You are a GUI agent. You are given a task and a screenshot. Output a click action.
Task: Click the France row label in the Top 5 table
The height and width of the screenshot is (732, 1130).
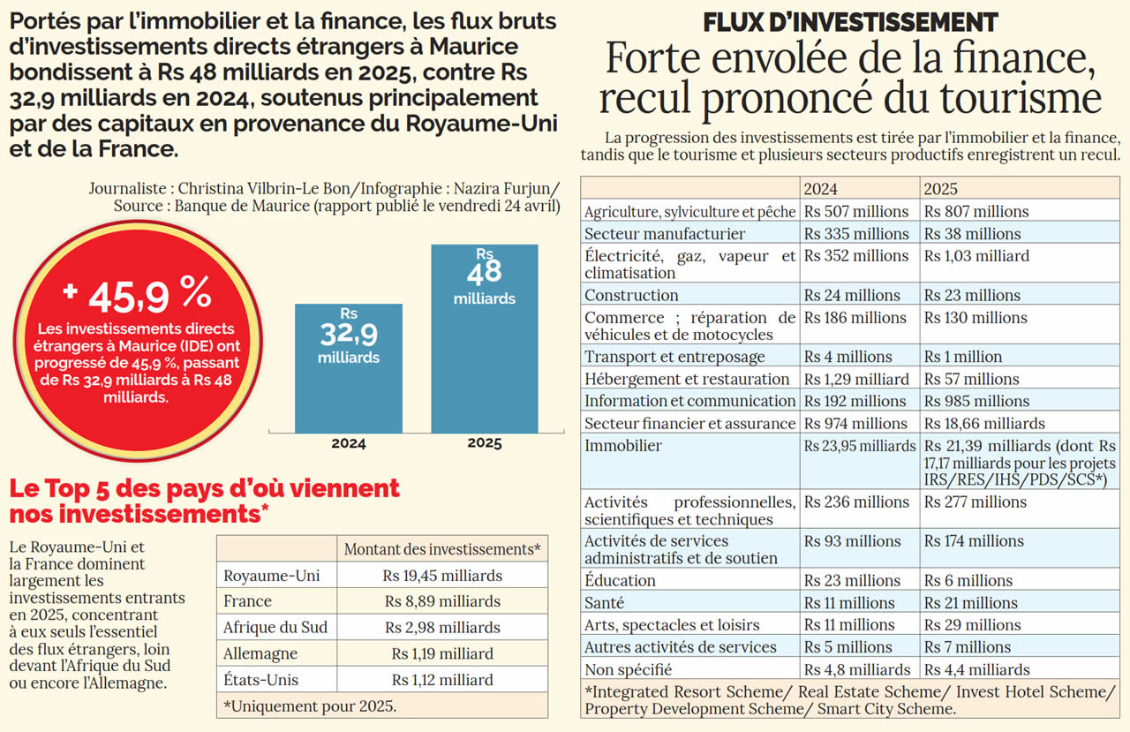tap(248, 601)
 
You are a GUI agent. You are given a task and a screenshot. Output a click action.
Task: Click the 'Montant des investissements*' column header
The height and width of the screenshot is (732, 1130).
tap(442, 549)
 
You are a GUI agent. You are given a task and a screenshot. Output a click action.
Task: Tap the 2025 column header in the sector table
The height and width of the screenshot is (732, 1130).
tap(940, 189)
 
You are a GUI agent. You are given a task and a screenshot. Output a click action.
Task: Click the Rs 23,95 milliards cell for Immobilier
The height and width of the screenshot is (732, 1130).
tap(860, 446)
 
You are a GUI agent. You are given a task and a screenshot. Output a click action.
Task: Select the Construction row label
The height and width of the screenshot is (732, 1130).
tap(631, 295)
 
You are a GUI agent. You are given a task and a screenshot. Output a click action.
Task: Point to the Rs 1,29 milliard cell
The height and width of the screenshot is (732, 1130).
tap(856, 379)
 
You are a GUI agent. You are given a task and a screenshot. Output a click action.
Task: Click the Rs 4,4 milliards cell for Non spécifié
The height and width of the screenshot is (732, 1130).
tap(977, 669)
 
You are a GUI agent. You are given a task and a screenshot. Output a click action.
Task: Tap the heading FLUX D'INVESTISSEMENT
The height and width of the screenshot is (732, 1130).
tap(850, 22)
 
